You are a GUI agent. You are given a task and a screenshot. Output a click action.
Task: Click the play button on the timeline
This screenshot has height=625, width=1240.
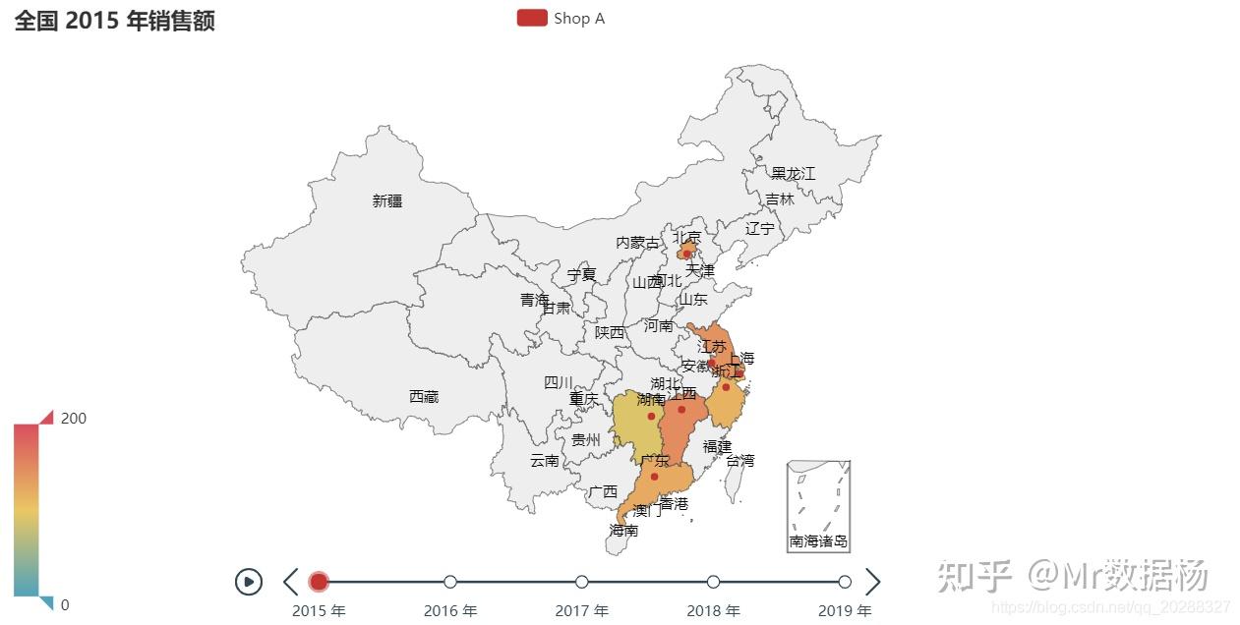click(249, 582)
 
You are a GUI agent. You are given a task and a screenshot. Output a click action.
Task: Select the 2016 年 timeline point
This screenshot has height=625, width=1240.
click(450, 582)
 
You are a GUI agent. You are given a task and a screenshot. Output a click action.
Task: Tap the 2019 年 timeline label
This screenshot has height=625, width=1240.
click(845, 611)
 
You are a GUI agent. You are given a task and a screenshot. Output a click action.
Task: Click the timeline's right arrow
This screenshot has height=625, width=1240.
click(872, 582)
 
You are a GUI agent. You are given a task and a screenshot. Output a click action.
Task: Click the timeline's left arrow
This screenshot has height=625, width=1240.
click(290, 582)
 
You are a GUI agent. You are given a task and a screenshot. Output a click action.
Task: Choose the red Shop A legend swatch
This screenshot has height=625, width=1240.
click(532, 18)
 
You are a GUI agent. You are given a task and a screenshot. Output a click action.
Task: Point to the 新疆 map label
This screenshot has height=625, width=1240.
click(387, 200)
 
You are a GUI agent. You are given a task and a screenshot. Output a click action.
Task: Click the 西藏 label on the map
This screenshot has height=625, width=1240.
click(424, 396)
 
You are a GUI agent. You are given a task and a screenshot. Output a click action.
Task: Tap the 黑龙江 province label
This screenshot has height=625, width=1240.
click(793, 174)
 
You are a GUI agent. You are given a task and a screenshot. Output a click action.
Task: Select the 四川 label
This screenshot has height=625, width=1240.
click(559, 382)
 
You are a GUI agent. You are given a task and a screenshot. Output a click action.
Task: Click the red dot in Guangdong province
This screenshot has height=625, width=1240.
click(654, 477)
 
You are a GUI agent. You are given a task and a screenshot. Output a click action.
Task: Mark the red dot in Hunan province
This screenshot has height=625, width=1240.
click(651, 416)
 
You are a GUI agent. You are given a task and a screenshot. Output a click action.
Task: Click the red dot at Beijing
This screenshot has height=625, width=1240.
click(686, 254)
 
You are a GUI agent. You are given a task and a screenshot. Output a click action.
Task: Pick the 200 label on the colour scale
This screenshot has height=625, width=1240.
click(74, 418)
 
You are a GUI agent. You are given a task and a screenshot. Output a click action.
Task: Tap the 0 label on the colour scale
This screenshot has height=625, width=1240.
click(65, 604)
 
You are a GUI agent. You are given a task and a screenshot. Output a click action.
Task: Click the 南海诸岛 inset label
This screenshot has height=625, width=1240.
click(818, 541)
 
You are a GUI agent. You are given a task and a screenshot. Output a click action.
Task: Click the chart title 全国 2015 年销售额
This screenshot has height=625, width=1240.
click(114, 21)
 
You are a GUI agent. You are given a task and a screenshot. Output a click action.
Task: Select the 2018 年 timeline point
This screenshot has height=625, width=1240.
click(713, 582)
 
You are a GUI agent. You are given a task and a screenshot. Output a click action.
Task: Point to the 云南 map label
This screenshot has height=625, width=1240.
click(545, 460)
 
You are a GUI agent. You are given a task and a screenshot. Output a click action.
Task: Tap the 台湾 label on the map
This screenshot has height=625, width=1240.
click(740, 460)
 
